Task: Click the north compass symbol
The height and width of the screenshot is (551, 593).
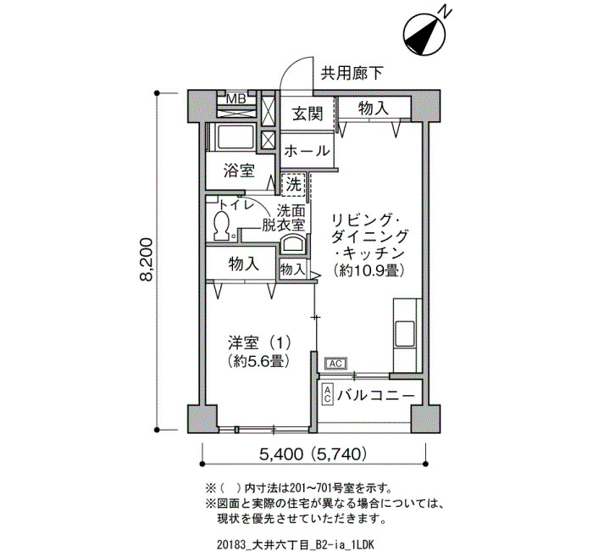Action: (424, 35)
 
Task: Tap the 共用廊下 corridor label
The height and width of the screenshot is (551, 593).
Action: (352, 74)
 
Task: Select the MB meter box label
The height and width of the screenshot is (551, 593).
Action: (236, 99)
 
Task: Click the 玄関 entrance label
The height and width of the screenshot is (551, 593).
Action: (308, 113)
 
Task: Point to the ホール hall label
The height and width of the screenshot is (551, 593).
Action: (307, 151)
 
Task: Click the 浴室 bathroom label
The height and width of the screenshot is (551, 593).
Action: (239, 170)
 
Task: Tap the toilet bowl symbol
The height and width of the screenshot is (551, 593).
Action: (222, 226)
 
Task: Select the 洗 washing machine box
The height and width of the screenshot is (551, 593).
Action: (293, 184)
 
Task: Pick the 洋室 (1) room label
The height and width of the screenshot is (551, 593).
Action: (259, 342)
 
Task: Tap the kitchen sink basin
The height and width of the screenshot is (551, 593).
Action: (404, 334)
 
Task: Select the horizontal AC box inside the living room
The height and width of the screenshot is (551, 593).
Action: (335, 364)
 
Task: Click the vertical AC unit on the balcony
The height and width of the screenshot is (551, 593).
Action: (328, 395)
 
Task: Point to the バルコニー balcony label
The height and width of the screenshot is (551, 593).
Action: (376, 396)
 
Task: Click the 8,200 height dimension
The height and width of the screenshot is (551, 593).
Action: (146, 259)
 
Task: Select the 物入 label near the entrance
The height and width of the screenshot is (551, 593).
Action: (374, 109)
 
